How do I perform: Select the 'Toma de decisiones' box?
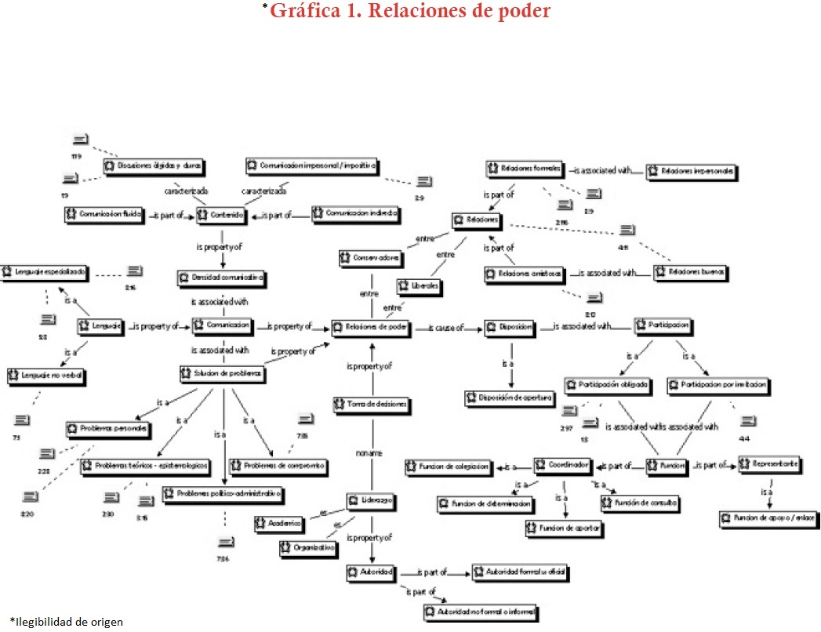click(x=372, y=405)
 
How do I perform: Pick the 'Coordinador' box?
click(x=563, y=465)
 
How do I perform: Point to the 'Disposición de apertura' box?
click(x=510, y=398)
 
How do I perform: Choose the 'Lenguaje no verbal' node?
click(x=46, y=376)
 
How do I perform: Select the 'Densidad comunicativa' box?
click(x=222, y=278)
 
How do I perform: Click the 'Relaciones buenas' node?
click(x=691, y=273)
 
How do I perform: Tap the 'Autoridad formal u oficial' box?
click(x=520, y=572)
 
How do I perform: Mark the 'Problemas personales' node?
click(x=107, y=430)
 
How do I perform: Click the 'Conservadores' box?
click(x=372, y=256)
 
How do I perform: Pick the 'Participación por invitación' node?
click(x=718, y=386)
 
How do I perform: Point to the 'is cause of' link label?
click(x=445, y=328)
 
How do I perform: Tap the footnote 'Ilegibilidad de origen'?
click(x=67, y=622)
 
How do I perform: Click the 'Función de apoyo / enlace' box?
click(x=766, y=518)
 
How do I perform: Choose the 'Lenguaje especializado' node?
click(x=48, y=272)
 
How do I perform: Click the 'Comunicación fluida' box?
click(x=103, y=213)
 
